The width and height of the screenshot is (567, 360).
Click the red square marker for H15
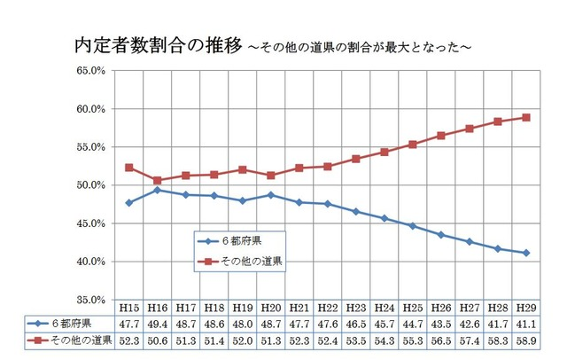(x=129, y=168)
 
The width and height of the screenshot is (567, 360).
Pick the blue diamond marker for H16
(x=158, y=191)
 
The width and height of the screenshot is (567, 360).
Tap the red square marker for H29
(x=526, y=117)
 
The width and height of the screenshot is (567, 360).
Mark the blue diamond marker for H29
(x=526, y=253)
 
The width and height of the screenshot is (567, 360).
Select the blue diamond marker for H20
(x=271, y=195)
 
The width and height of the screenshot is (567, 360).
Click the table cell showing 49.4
(x=158, y=325)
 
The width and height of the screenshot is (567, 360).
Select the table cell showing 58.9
(x=526, y=341)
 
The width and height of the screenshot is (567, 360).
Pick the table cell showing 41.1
(x=526, y=325)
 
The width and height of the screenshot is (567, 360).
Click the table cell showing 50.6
(x=158, y=341)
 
